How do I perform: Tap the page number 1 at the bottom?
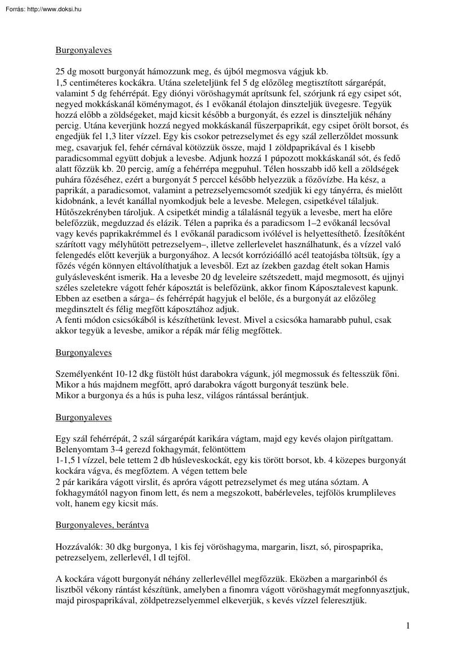408,625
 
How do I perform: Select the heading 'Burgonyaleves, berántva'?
102,525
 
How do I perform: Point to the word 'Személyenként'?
83,373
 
